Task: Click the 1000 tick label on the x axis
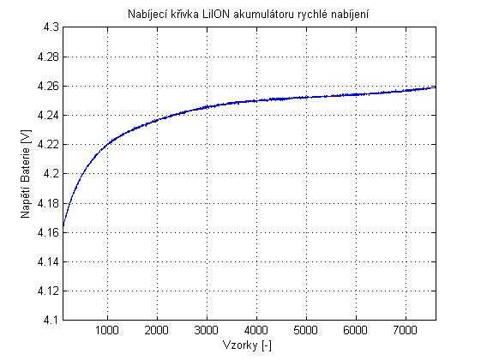click(106, 330)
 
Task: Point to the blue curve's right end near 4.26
click(435, 87)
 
